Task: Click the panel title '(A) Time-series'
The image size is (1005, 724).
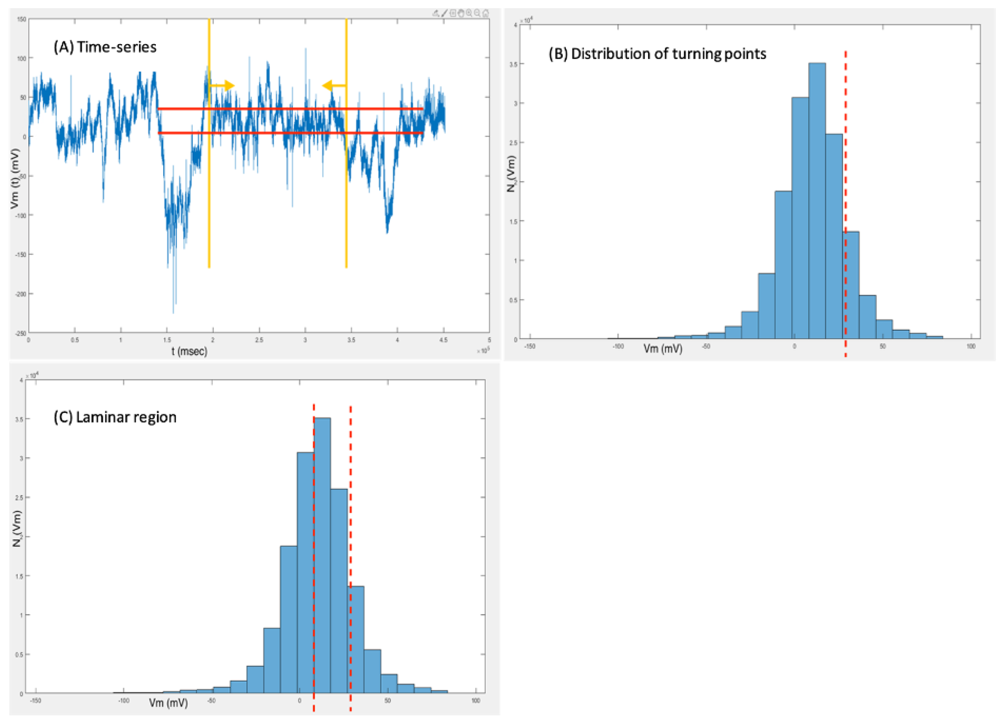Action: (105, 47)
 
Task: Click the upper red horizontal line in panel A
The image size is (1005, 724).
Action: (290, 108)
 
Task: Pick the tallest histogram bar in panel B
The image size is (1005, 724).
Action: (817, 199)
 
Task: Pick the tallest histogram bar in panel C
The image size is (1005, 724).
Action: (322, 554)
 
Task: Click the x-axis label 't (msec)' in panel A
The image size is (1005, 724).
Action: (189, 351)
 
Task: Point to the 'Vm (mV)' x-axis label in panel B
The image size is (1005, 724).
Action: (663, 349)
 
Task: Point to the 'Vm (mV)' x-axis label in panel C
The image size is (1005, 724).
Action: (168, 703)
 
